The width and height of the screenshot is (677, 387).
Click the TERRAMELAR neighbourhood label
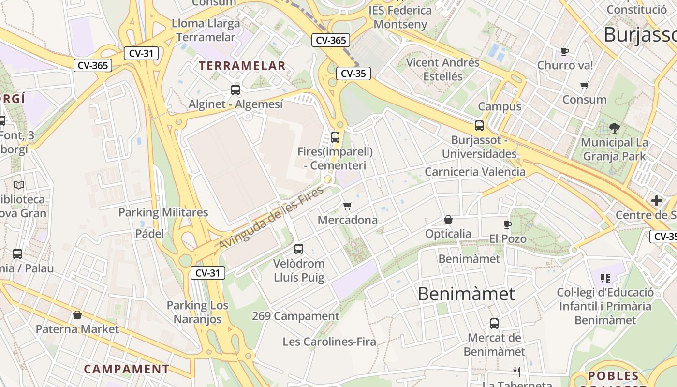click(x=242, y=66)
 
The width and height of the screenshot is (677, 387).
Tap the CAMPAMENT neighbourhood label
click(x=127, y=369)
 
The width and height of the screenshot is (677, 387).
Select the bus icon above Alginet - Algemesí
click(x=235, y=89)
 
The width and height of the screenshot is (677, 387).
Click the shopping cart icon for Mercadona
click(x=347, y=206)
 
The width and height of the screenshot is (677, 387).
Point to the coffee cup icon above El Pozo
click(x=507, y=224)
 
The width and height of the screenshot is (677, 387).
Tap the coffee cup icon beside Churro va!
click(x=564, y=51)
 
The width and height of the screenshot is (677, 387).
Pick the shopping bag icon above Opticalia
click(x=448, y=220)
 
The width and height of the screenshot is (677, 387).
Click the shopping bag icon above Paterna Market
click(x=77, y=315)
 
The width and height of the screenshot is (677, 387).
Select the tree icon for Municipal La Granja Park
click(x=614, y=128)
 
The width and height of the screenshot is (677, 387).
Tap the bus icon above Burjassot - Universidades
click(x=479, y=126)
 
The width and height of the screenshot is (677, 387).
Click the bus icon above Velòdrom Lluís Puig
click(x=299, y=249)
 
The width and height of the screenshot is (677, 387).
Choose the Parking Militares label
click(x=163, y=212)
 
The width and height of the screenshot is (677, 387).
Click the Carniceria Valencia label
click(x=475, y=172)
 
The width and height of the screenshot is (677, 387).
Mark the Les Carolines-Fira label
click(x=329, y=342)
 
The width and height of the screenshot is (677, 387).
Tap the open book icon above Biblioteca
click(x=19, y=185)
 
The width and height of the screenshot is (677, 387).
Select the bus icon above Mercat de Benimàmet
click(x=494, y=324)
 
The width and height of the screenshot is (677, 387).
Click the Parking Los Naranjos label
click(x=197, y=313)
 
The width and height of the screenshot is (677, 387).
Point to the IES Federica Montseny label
click(x=400, y=17)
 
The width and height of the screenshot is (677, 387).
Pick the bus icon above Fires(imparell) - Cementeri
click(x=335, y=137)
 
